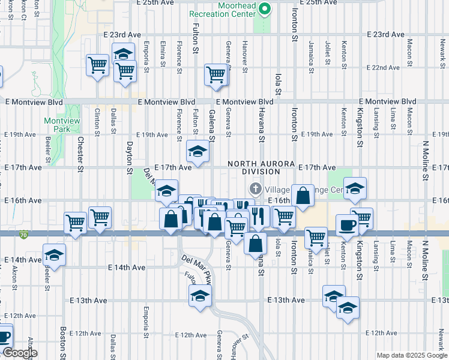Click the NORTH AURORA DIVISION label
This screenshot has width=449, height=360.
pos(261,167)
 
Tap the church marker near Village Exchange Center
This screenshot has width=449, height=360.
pos(256,189)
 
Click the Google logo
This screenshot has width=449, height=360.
pos(19,353)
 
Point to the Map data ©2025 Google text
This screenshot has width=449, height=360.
pos(411,355)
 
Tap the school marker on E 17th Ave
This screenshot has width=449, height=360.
pos(197,151)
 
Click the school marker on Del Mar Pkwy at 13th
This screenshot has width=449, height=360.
pos(200,295)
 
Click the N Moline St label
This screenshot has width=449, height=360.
pos(425,160)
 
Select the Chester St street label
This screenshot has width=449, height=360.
pos(81,154)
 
